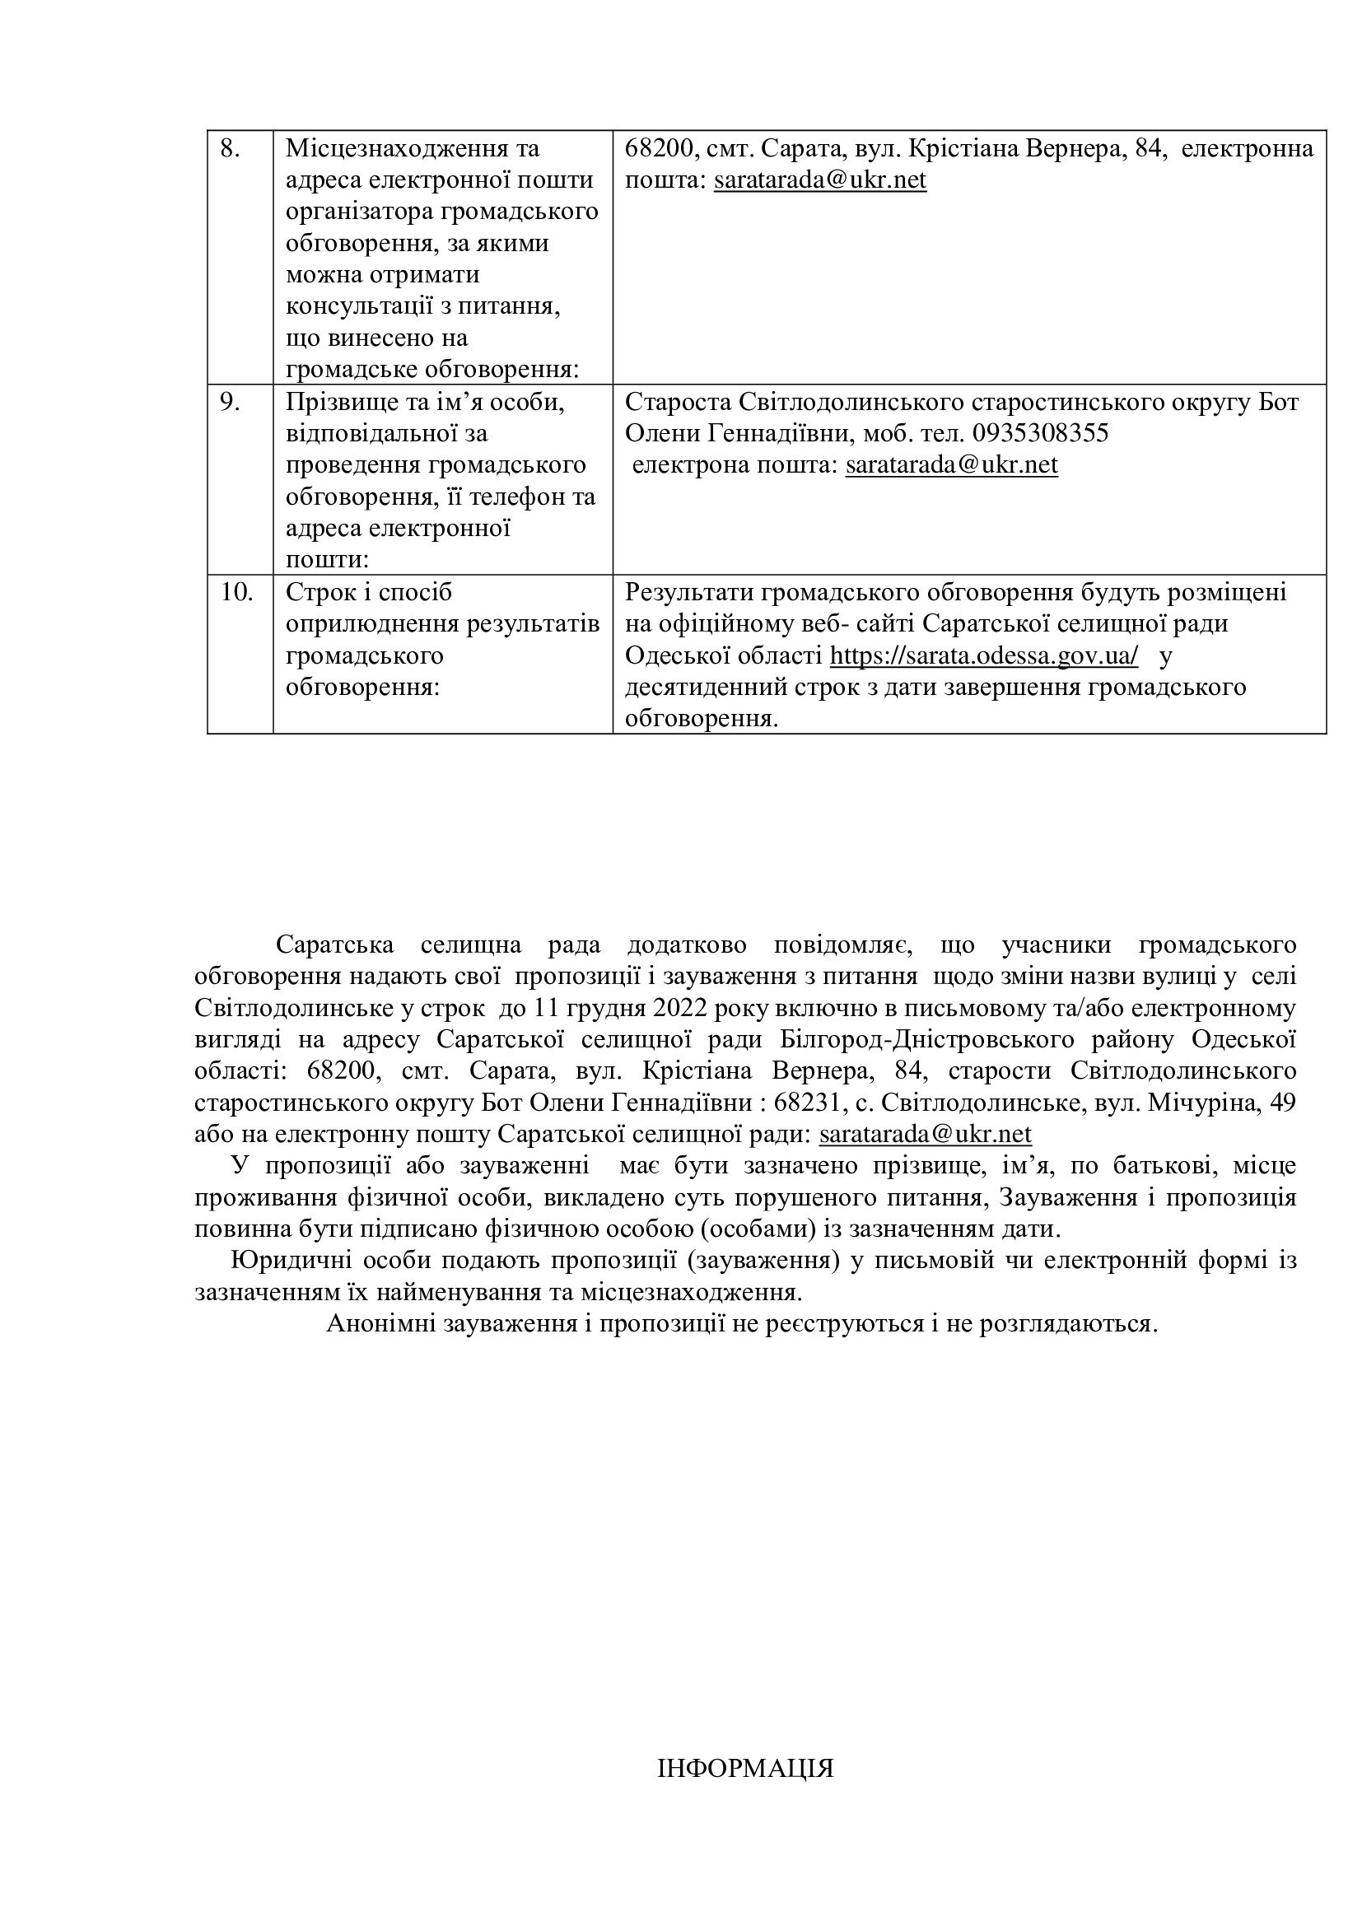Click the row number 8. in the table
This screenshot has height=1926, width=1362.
[230, 149]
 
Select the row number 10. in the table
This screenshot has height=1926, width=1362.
[236, 592]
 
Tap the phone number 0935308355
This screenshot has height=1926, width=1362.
[1040, 434]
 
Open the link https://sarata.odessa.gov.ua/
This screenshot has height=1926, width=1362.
[984, 655]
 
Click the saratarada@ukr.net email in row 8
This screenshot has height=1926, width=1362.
[819, 180]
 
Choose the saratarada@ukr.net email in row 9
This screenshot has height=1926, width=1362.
[951, 464]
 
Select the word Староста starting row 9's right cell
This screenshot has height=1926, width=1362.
[678, 403]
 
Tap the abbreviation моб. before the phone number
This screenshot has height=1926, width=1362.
[888, 434]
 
